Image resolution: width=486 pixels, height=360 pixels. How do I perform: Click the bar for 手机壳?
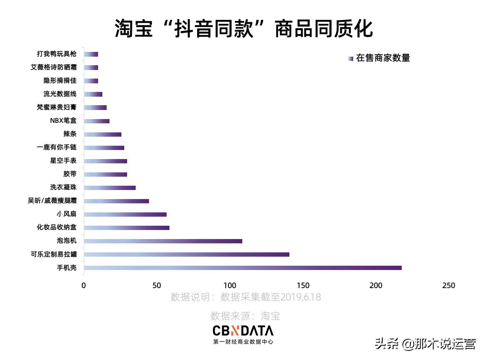tap(243, 268)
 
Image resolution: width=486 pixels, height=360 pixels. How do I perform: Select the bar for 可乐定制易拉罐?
tap(187, 254)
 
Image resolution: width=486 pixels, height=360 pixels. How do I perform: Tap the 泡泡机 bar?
tap(163, 241)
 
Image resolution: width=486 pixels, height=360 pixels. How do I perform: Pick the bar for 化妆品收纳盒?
tap(127, 228)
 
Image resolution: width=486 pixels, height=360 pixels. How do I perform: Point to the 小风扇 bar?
tap(125, 214)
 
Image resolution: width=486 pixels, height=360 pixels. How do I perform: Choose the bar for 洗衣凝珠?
tap(109, 188)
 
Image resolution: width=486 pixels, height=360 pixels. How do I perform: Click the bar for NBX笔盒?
tap(97, 121)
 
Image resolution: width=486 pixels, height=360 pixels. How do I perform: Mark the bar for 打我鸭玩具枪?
tap(91, 54)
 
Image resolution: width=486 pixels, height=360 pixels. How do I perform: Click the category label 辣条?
tap(69, 134)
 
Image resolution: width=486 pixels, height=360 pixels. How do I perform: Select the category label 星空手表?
tap(63, 161)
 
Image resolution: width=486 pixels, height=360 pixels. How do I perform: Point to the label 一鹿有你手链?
tap(57, 148)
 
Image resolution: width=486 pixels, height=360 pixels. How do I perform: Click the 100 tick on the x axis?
tap(230, 286)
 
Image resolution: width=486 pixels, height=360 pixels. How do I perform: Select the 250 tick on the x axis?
tap(449, 286)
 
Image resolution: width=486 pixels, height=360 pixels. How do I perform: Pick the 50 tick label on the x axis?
tap(157, 286)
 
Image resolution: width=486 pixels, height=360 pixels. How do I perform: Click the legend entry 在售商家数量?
tap(382, 58)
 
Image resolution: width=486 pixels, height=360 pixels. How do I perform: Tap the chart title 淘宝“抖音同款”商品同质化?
tap(243, 29)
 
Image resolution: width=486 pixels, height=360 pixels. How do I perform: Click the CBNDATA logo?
tap(243, 331)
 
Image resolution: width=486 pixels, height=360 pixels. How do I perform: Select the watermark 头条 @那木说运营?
tap(426, 344)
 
